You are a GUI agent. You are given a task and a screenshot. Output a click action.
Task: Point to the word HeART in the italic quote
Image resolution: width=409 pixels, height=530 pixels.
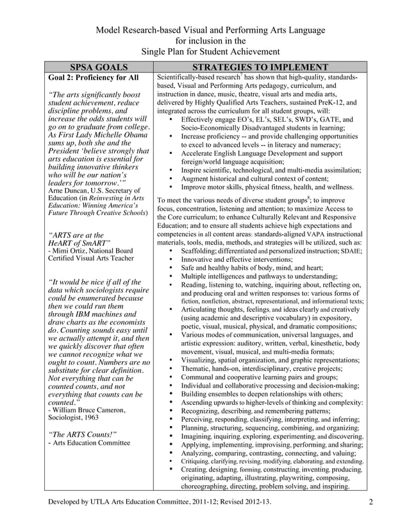64,243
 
